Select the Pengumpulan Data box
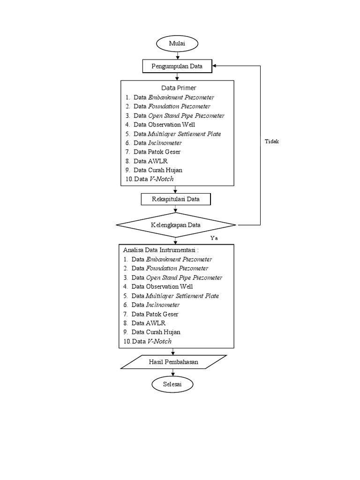coord(177,66)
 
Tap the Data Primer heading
coord(179,88)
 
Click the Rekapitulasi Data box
coord(176,199)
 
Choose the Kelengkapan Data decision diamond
coord(176,225)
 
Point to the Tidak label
coord(271,142)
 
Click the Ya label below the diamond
coord(214,238)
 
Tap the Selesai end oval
coord(172,384)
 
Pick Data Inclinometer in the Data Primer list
coord(157,143)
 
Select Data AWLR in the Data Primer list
coord(150,161)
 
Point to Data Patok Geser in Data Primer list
coord(157,152)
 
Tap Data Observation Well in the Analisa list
coord(162,286)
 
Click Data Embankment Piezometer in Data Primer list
coord(173,97)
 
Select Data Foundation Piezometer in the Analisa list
coord(170,268)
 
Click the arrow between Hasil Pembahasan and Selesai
coord(173,373)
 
